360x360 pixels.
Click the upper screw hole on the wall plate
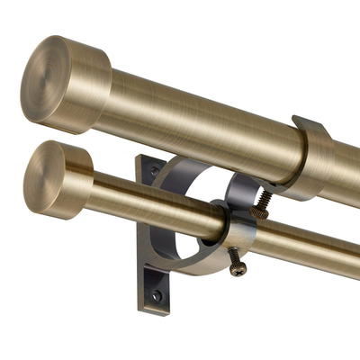tap(155, 170)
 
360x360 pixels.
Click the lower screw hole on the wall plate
tap(157, 294)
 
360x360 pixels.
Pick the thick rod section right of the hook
tap(346, 171)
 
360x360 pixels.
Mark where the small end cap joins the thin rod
tap(94, 189)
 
